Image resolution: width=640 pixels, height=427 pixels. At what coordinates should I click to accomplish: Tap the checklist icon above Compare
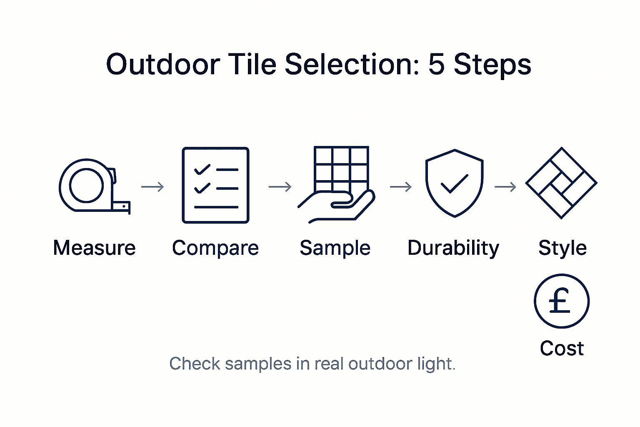tap(215, 185)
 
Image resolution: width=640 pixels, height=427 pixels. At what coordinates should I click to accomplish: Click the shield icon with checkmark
tap(454, 183)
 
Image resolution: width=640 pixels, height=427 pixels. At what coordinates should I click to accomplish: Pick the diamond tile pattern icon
tap(561, 183)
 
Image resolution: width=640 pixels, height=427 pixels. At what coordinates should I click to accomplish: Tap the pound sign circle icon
tap(561, 301)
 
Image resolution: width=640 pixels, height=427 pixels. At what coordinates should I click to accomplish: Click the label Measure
tap(95, 248)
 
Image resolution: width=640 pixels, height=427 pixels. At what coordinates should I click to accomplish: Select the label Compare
tap(215, 248)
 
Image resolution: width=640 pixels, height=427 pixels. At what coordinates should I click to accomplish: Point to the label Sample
tap(335, 248)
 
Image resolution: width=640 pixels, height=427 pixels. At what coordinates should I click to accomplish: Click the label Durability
tap(453, 248)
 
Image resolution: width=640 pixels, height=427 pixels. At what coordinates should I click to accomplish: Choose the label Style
tap(562, 248)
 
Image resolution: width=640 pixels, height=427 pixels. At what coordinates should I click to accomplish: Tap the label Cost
tap(562, 348)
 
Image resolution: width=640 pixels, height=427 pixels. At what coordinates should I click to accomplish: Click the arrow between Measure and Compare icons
tap(152, 187)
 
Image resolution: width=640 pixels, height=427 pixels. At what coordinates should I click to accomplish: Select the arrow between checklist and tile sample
tap(280, 187)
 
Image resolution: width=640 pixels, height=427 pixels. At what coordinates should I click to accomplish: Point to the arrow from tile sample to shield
tap(401, 187)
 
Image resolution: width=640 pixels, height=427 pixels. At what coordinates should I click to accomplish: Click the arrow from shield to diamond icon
tap(505, 187)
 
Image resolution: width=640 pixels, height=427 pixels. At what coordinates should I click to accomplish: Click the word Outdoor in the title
tap(163, 65)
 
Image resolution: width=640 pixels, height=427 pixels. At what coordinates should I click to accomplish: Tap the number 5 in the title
tap(436, 65)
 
